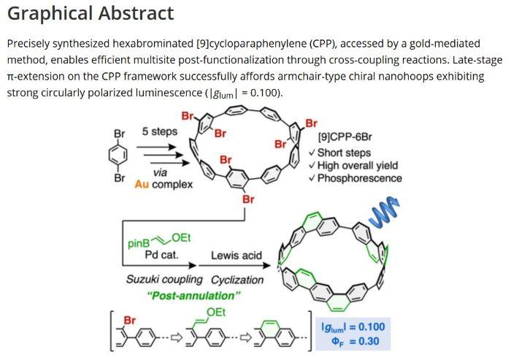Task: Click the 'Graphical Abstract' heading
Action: coord(91,14)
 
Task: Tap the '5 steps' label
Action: coord(160,131)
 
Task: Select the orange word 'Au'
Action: coord(142,184)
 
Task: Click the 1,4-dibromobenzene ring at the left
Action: coord(118,156)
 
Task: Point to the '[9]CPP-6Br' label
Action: coord(345,137)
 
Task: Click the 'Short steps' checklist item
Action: coord(344,153)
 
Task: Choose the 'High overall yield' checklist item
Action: coord(358,165)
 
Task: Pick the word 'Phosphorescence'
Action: coord(359,178)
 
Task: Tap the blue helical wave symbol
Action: coord(385,212)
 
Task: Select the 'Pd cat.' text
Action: coord(161,254)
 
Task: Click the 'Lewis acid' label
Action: coord(237,255)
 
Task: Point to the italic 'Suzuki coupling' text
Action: coord(164,280)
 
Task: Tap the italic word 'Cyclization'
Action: coord(237,280)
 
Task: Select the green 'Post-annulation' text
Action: coord(194,296)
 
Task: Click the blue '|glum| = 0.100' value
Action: coord(353,326)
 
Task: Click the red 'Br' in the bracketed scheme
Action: coord(130,321)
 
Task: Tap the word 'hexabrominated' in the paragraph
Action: coord(153,43)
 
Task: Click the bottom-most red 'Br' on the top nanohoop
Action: coord(248,199)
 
